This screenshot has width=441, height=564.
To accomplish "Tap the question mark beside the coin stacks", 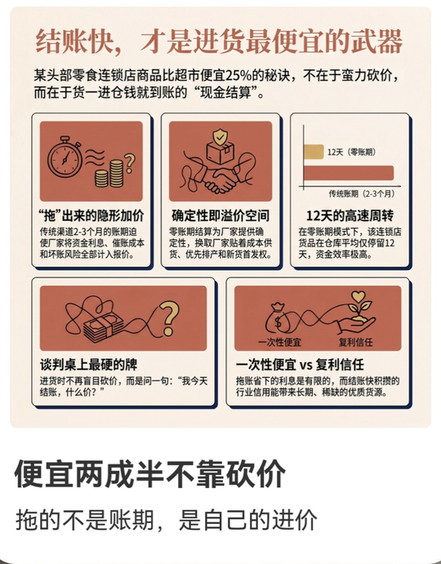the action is click(x=130, y=163).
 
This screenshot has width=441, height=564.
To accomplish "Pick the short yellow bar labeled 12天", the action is click(x=314, y=152).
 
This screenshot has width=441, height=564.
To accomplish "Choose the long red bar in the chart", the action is click(x=349, y=173).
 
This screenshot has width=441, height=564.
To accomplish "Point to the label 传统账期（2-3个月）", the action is click(x=362, y=194).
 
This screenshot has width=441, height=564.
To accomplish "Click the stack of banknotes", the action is click(x=103, y=327).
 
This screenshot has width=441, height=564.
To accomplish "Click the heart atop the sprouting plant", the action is click(x=359, y=296).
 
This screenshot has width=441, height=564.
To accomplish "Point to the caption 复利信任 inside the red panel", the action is click(x=356, y=342).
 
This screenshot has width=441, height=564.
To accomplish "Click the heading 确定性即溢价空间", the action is click(x=220, y=215).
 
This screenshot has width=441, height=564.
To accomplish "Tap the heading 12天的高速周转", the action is click(x=350, y=215).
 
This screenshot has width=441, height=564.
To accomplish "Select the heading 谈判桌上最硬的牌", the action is click(x=88, y=365).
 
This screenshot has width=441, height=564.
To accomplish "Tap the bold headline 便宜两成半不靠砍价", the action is click(x=149, y=473).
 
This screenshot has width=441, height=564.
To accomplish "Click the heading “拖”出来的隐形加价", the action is click(x=91, y=215).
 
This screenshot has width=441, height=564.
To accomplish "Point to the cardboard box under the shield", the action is click(x=220, y=153).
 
